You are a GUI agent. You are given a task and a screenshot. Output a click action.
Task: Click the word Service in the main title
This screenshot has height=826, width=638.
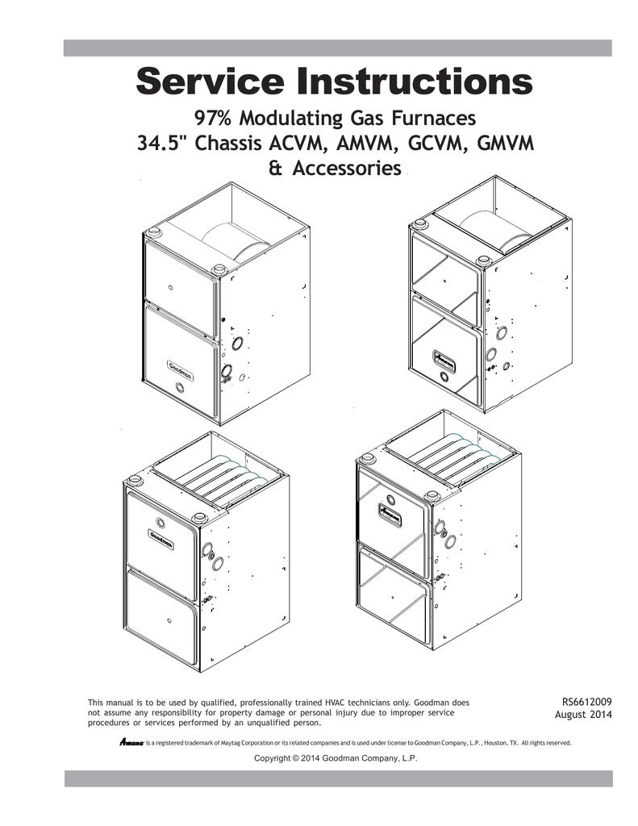pyautogui.click(x=211, y=81)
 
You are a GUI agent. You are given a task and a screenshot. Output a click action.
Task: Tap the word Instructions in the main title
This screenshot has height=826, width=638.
pyautogui.click(x=413, y=81)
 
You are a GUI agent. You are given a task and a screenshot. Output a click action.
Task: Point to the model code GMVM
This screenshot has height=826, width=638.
pyautogui.click(x=505, y=144)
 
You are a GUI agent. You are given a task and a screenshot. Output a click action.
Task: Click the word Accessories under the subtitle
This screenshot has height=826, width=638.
pyautogui.click(x=347, y=169)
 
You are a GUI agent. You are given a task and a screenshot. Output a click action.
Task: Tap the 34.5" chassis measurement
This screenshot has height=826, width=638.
pyautogui.click(x=164, y=144)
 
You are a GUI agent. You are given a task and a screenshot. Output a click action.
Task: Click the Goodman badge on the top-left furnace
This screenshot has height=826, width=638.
pyautogui.click(x=180, y=369)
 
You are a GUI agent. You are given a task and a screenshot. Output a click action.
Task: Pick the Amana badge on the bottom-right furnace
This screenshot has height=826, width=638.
pyautogui.click(x=390, y=512)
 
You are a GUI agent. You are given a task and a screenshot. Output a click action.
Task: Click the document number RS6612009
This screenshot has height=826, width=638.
pyautogui.click(x=586, y=702)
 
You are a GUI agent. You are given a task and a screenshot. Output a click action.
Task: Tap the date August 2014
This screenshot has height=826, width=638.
pyautogui.click(x=583, y=715)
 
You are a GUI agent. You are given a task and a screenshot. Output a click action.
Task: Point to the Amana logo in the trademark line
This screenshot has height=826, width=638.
pyautogui.click(x=131, y=743)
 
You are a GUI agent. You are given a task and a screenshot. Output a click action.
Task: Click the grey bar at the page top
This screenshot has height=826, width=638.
pyautogui.click(x=338, y=48)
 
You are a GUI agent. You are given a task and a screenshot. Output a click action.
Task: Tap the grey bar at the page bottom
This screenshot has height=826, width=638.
pyautogui.click(x=339, y=778)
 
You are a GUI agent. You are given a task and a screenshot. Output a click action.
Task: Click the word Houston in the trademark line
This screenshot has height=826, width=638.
pyautogui.click(x=495, y=743)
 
